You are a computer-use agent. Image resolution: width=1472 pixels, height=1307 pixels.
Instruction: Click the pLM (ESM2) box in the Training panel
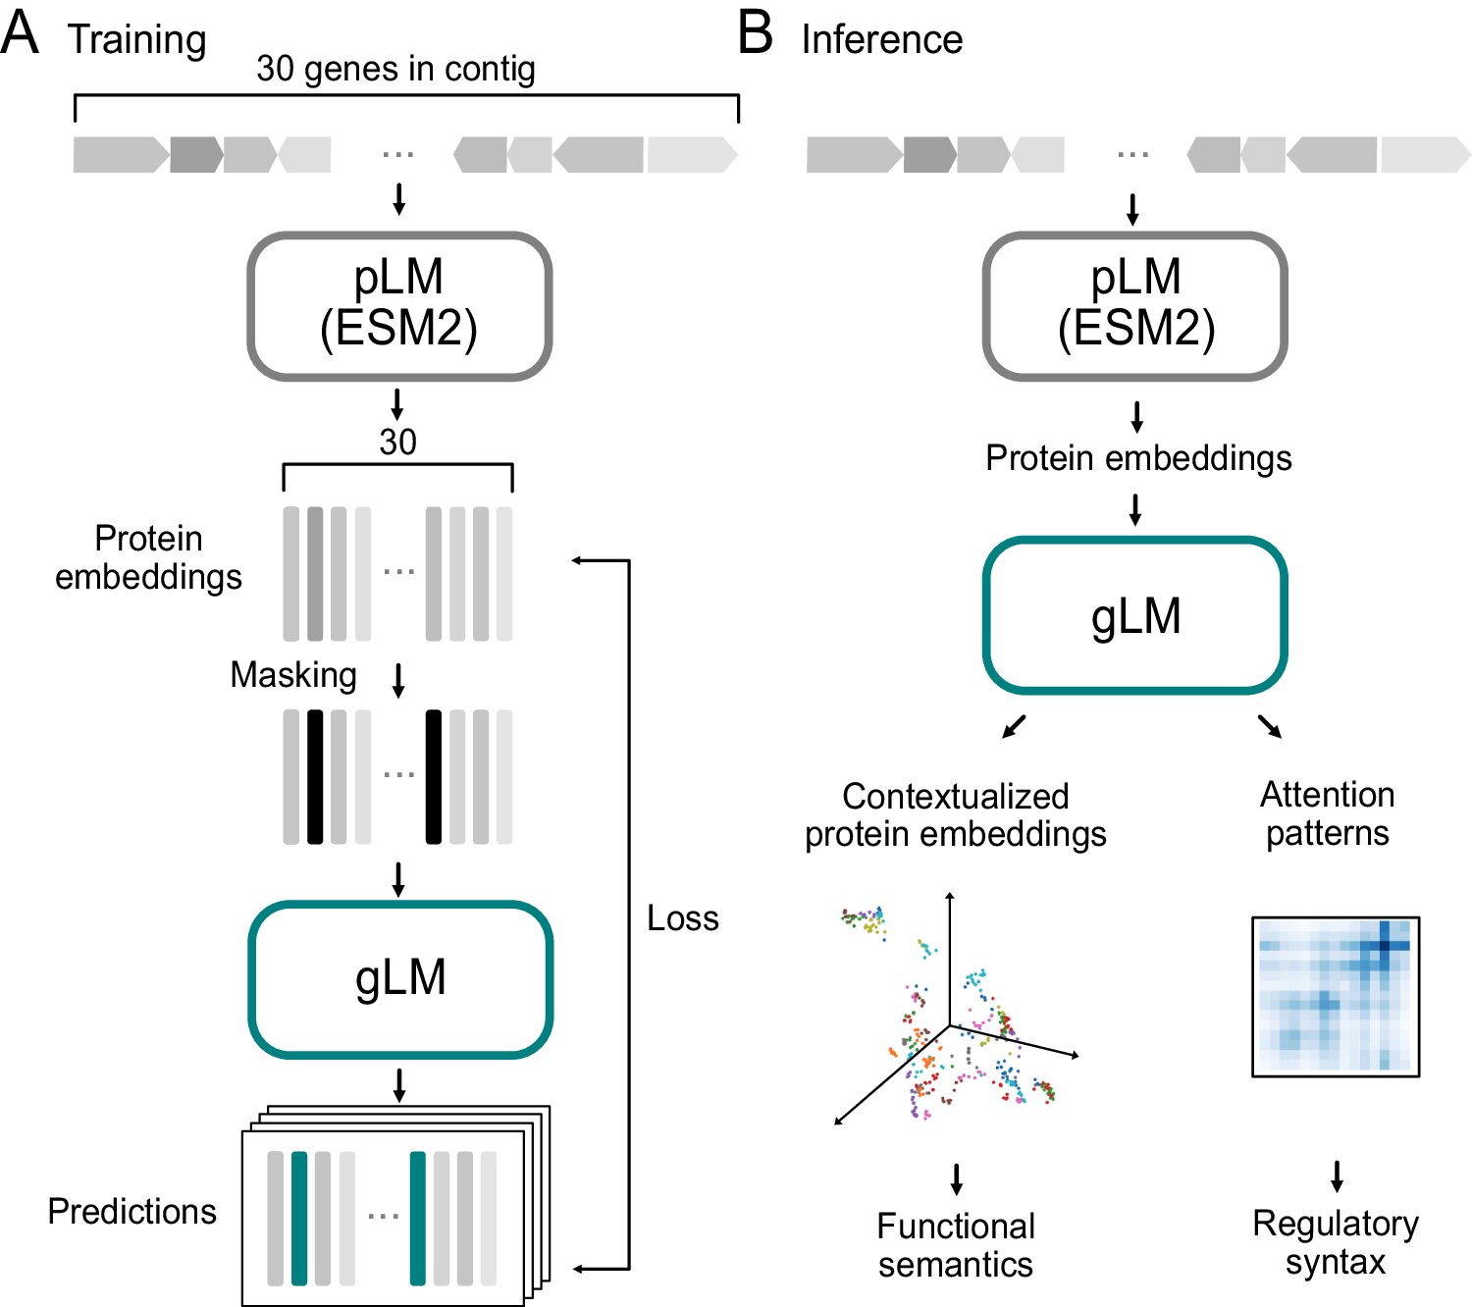point(398,304)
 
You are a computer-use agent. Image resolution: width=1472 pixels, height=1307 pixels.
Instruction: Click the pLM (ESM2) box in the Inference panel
point(1135,304)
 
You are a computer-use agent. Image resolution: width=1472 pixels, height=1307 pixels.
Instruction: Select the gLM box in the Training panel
point(400,978)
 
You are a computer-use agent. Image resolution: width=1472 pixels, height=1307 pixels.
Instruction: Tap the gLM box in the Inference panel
point(1135,615)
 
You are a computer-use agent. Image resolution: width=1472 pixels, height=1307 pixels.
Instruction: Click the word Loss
point(683,918)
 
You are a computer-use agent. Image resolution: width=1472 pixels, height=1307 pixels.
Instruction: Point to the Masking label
point(292,675)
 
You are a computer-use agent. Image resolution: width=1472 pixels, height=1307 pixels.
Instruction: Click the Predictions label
point(131,1212)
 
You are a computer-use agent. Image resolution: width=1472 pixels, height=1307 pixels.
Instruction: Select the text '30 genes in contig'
point(395,69)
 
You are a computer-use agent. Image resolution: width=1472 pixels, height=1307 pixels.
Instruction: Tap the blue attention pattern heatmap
point(1336,996)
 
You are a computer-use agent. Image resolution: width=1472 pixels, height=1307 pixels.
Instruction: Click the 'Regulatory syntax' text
point(1336,1242)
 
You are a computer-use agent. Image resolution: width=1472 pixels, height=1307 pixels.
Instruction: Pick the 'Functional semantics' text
point(956,1245)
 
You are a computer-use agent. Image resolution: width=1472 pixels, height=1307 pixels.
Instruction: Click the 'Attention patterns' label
point(1327,813)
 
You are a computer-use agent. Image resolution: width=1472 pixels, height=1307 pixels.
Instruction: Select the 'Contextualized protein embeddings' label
point(956,814)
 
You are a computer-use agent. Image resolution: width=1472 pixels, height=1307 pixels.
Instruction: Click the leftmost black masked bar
point(315,776)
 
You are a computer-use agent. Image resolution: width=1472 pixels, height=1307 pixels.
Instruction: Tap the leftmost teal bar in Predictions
point(299,1218)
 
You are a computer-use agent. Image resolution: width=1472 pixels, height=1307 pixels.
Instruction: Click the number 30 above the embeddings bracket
point(397,443)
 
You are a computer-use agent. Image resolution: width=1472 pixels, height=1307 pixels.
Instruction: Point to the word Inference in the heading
point(881,40)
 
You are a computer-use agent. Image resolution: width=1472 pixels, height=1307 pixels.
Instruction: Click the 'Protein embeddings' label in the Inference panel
point(1138,458)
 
